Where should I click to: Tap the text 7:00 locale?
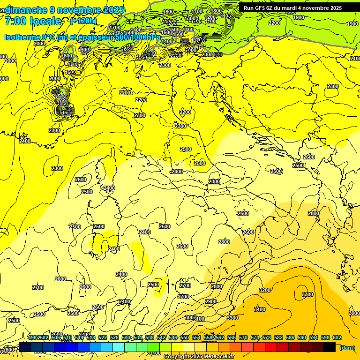pos(32,21)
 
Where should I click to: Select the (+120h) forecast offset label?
pos(83,21)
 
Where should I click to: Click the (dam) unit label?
pos(347,348)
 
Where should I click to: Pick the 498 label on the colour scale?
pos(32,337)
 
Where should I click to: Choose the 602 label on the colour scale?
pos(337,337)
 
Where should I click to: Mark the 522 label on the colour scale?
pos(103,337)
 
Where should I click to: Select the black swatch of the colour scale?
pos(330,347)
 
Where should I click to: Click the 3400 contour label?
pos(259,309)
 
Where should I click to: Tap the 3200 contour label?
pos(265,290)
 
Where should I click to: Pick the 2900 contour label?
pos(211,301)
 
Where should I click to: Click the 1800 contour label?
pos(216,11)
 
